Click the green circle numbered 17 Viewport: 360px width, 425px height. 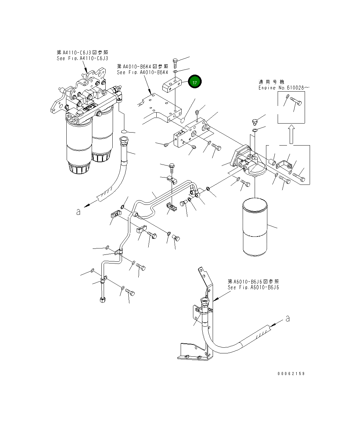pos(195,82)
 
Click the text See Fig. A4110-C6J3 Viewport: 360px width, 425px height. pos(82,58)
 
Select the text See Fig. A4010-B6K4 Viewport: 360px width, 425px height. pos(142,72)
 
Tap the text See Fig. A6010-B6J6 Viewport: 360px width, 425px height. pos(253,287)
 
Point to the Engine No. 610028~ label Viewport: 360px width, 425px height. pos(284,88)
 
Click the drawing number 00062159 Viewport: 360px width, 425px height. pos(291,374)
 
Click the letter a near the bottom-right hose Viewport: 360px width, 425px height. pos(288,319)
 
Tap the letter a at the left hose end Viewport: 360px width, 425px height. pos(78,212)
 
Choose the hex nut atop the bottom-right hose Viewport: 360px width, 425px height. pos(205,302)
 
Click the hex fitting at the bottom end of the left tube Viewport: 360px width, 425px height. pos(102,300)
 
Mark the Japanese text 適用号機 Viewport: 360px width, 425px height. pos(272,82)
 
